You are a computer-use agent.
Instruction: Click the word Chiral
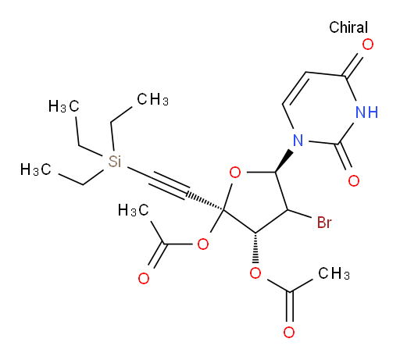348,27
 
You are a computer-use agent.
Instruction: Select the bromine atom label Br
324,223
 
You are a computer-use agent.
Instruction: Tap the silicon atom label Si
115,161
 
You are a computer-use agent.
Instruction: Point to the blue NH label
366,112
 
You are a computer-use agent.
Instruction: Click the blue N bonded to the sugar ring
298,141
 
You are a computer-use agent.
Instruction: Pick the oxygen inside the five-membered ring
235,173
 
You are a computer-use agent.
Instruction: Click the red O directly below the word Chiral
368,45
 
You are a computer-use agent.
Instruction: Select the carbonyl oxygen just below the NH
354,180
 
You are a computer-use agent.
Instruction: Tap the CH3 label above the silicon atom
153,100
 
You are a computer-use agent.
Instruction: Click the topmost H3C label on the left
64,106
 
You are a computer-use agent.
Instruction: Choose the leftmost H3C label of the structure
36,169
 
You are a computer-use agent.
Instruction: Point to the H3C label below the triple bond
133,210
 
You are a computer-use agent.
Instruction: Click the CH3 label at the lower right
334,273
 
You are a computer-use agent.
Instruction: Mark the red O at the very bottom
289,333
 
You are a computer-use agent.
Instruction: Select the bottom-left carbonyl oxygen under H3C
144,279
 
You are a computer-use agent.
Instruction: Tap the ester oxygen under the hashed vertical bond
255,273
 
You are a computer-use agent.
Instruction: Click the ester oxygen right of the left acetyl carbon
203,244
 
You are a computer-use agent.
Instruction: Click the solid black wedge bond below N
284,161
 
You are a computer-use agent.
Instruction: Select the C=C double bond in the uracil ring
295,88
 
